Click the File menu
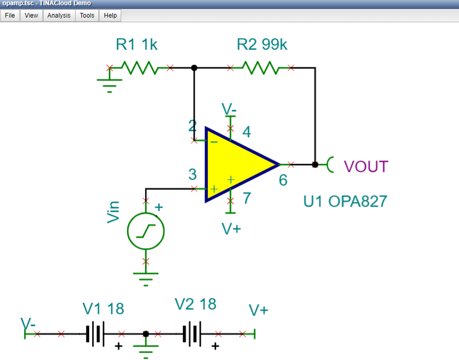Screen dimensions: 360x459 tap(10, 16)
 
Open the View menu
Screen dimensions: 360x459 tap(32, 16)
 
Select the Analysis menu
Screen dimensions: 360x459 tap(59, 16)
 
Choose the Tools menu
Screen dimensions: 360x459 tap(87, 16)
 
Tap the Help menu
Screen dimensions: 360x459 tap(110, 16)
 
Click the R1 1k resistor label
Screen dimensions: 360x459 tap(137, 45)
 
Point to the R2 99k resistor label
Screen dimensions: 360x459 tap(262, 45)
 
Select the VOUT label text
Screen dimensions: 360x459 tap(366, 166)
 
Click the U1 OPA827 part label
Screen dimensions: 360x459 tap(345, 201)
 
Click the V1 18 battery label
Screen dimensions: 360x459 tap(104, 309)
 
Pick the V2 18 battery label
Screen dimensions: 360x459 tap(195, 304)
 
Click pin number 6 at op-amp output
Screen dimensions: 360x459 tap(283, 181)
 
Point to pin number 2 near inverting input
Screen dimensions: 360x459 tap(193, 126)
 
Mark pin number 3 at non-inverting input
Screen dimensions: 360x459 tap(193, 175)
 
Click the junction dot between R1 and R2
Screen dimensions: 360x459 tap(194, 68)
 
